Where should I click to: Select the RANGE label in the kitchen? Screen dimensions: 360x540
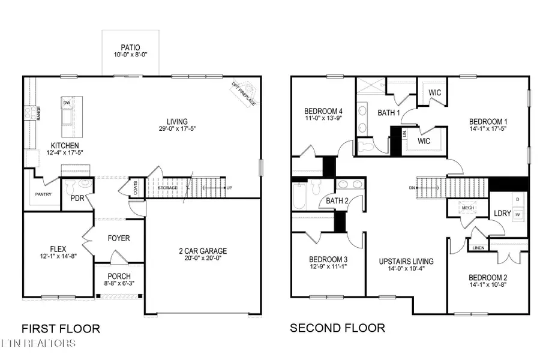click(38, 113)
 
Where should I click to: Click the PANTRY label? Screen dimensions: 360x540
click(43, 194)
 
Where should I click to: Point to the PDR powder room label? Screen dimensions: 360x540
click(77, 198)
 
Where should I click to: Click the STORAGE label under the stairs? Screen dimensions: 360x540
click(167, 188)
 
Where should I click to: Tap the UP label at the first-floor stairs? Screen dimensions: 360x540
click(229, 188)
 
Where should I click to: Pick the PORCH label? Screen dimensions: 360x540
click(119, 276)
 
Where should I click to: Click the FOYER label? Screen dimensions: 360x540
click(119, 238)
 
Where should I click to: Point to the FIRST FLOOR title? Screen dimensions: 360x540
click(61, 328)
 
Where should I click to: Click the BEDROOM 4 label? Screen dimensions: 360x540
click(323, 111)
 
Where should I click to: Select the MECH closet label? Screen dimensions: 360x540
click(467, 208)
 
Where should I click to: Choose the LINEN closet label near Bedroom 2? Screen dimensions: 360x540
click(478, 247)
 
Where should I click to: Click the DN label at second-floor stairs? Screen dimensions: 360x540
click(412, 188)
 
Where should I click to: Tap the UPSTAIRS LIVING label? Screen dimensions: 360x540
click(406, 262)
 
